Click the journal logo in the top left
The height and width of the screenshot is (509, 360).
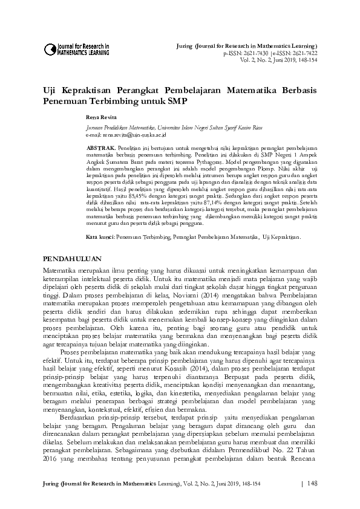pyautogui.click(x=76, y=49)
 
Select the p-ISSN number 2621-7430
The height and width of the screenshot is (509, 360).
pyautogui.click(x=254, y=53)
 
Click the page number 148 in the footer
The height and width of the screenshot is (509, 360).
pyautogui.click(x=313, y=484)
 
